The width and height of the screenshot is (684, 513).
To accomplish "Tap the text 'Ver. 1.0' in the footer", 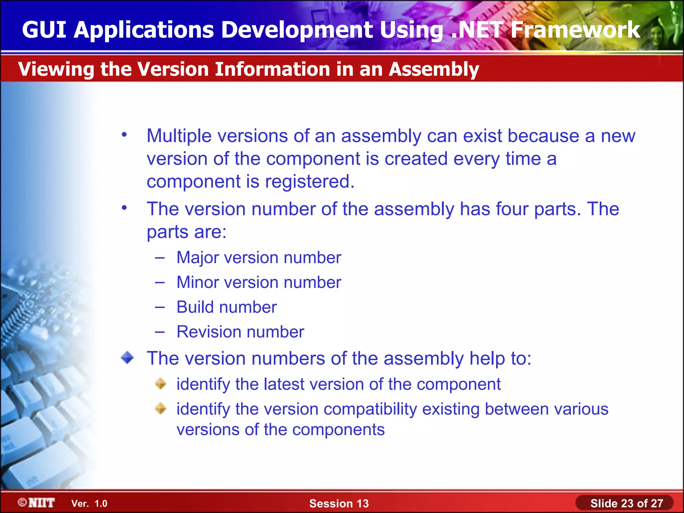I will coord(89,504).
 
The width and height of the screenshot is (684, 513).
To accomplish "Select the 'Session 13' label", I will coord(339,503).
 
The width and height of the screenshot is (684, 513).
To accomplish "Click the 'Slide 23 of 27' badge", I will coord(626,503).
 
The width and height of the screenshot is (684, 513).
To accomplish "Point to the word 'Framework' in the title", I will coord(575,30).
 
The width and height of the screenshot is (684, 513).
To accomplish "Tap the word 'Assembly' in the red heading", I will coord(434,69).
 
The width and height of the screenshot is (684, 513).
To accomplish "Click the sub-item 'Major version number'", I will coord(259,258).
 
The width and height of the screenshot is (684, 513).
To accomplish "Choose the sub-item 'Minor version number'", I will coord(259,283).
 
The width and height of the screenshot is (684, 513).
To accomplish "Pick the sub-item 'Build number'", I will coord(226,307).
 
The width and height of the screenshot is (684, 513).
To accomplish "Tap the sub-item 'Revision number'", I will coord(240,332).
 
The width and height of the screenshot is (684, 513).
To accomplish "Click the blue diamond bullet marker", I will coord(127,358).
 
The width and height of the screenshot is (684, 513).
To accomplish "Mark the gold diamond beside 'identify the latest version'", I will coord(161,383).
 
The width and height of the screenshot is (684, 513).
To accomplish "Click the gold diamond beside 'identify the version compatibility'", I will coord(161,408).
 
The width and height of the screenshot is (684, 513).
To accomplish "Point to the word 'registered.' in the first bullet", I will coord(310,182).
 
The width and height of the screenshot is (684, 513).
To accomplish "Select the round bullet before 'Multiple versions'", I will coord(124,135).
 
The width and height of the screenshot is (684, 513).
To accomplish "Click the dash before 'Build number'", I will coord(160,307).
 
